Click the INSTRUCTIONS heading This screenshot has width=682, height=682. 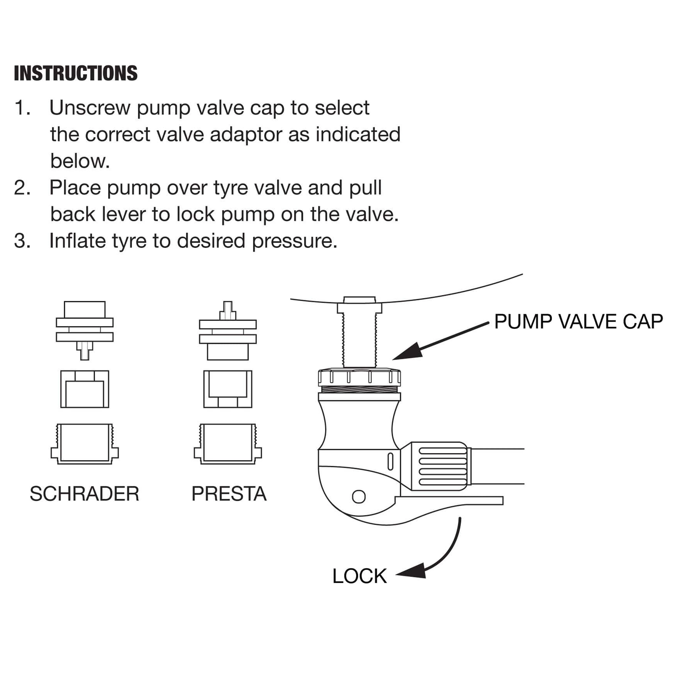76,73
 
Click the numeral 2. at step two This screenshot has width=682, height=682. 22,188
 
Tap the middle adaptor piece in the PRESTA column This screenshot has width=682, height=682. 228,389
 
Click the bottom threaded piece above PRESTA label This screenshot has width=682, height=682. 228,444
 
